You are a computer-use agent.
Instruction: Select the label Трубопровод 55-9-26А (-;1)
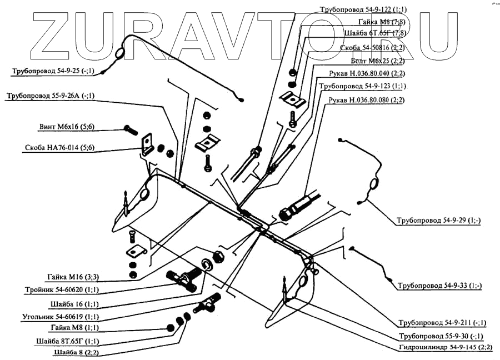[51, 96]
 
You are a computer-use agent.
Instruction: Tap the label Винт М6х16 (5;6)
[67, 127]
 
